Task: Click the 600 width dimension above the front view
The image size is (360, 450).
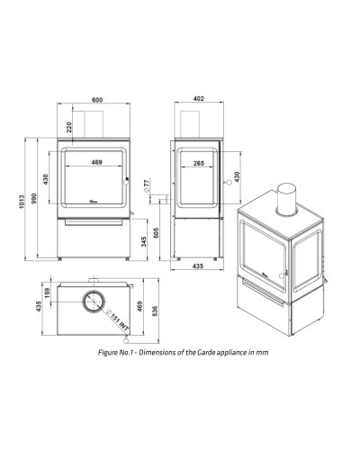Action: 97,100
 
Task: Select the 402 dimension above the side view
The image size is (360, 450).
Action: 199,99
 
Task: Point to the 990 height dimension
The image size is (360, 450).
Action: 33,198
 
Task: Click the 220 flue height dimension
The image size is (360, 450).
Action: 69,127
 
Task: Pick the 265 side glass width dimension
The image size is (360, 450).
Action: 199,163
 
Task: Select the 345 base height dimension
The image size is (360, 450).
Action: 144,242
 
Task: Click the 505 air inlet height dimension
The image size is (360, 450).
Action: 157,233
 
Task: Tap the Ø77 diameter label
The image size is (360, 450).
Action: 147,185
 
